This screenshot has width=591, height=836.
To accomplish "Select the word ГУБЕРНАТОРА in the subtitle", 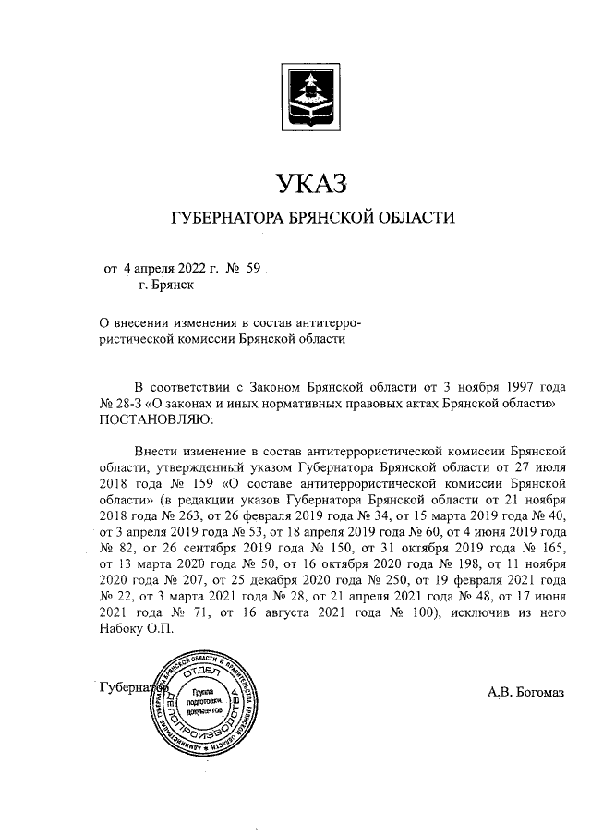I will click(x=228, y=219).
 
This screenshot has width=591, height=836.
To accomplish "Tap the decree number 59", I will click(x=255, y=269).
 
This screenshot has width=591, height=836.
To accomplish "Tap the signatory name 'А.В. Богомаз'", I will click(x=525, y=691).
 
